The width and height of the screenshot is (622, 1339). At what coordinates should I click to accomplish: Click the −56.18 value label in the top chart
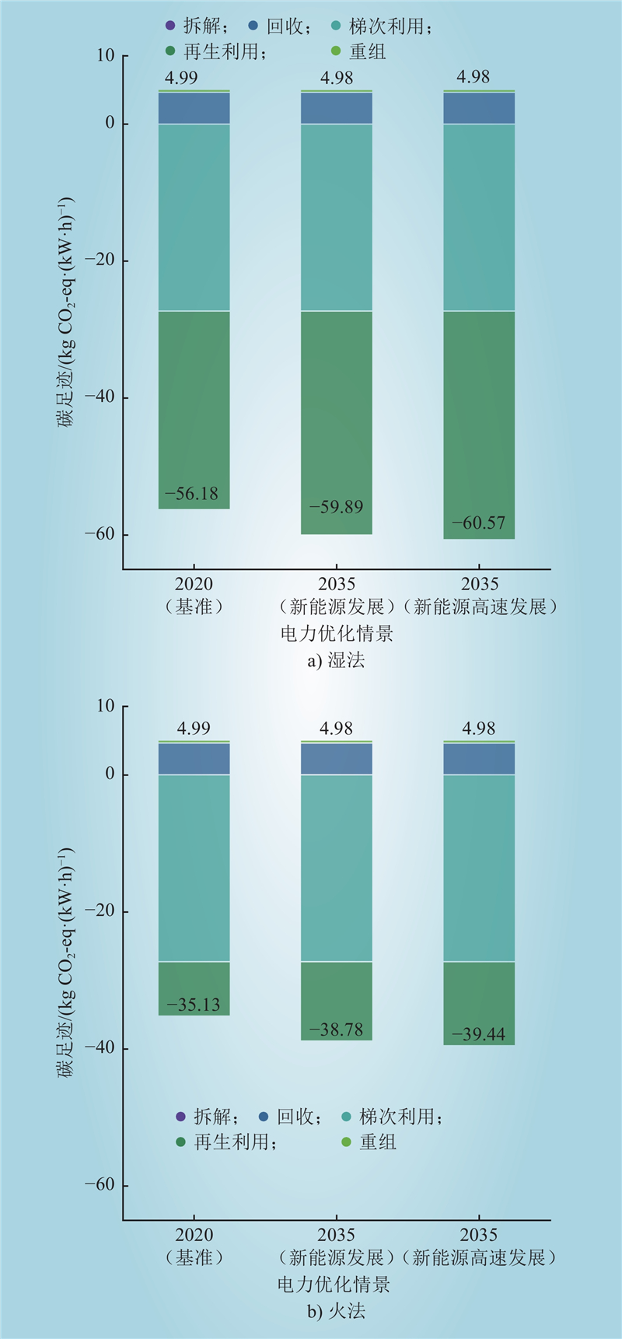coord(191,494)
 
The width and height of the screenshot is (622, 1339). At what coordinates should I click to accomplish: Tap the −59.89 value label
coord(336,507)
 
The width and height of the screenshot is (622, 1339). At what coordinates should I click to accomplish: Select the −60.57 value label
coord(478,523)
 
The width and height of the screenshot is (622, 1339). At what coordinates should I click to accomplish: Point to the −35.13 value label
coord(194,1005)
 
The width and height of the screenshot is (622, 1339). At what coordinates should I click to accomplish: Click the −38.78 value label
coord(336,1030)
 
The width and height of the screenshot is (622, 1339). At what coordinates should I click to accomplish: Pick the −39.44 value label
coord(478,1034)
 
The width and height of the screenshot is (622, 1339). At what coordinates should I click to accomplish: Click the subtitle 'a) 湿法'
coord(336,661)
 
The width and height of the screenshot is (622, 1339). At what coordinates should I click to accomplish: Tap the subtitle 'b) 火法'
coord(336,1312)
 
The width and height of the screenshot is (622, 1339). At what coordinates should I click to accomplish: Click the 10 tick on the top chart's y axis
coord(106,56)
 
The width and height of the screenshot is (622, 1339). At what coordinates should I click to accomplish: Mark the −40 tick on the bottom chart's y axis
coord(100,1048)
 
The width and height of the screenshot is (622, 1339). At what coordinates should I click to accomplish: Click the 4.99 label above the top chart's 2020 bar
coord(181,78)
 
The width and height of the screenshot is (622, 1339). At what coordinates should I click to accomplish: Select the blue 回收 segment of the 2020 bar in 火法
coord(194,759)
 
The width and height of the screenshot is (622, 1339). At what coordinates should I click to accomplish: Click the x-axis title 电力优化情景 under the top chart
coord(337,633)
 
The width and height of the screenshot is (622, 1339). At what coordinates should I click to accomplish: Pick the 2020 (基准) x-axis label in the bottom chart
coord(194,1246)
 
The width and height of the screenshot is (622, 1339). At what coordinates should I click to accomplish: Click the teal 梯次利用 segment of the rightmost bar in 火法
coord(479,867)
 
